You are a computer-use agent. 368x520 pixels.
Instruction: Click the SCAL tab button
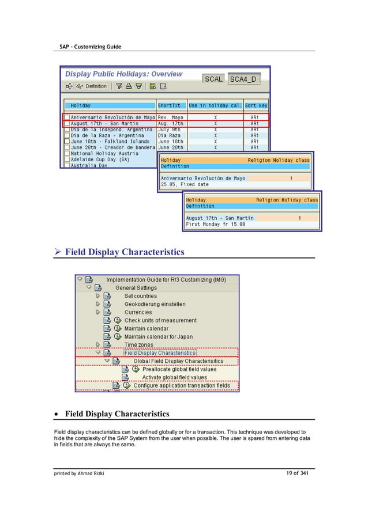213,79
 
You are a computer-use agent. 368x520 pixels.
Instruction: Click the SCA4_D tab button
245,79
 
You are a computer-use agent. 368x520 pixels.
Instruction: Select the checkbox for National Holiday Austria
67,154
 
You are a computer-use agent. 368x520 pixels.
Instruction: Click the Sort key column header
256,106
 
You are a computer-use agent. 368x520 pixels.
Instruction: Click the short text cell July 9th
170,129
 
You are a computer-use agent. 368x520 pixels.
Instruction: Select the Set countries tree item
140,296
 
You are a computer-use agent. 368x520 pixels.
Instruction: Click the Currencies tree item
139,312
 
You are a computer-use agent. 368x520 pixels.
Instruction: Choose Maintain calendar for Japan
159,336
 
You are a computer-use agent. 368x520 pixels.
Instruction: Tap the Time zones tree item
139,344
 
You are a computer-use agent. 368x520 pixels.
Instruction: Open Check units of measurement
160,320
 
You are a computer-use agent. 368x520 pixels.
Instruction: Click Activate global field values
174,377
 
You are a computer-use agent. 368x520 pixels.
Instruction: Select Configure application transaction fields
182,385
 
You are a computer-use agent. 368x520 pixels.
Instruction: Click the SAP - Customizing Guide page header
91,46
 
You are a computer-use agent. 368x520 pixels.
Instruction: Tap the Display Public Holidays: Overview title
123,74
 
